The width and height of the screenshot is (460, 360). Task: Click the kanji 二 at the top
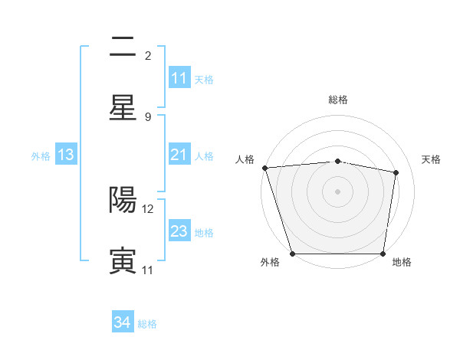tap(123, 48)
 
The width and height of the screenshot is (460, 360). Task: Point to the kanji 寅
tap(123, 260)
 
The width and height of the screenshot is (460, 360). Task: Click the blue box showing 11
tap(179, 78)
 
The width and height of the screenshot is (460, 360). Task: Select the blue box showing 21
tap(179, 155)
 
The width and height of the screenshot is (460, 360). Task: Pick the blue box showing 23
tap(179, 232)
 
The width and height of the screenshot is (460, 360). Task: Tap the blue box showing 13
tap(66, 155)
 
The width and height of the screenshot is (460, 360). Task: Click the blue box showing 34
tap(123, 323)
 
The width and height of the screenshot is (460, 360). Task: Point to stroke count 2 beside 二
tap(148, 56)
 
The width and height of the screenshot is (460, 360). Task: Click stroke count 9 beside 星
tap(148, 116)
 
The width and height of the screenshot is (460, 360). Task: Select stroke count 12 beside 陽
tap(149, 208)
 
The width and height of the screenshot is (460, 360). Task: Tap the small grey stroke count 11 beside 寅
tap(148, 270)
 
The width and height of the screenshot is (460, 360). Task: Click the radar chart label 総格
tap(338, 100)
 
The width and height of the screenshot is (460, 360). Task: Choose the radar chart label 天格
tap(432, 159)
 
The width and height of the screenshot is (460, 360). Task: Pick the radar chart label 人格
tap(244, 159)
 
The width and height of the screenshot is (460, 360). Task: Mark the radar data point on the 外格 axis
tap(292, 253)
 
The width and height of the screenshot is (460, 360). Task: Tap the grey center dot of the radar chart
tap(337, 191)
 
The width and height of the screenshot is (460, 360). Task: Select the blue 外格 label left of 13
tap(41, 156)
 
